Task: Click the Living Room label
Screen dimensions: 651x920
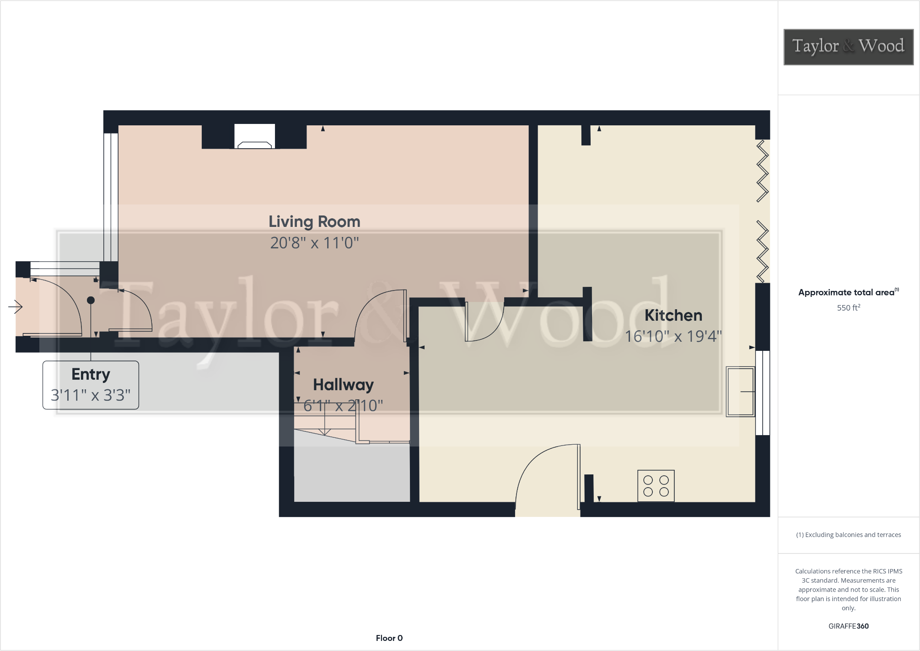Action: [314, 222]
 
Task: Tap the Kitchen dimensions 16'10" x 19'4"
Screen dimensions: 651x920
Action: [673, 337]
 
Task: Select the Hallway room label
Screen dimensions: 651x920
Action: [343, 385]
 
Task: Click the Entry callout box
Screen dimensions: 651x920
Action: [91, 385]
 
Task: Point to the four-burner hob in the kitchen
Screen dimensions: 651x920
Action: [656, 486]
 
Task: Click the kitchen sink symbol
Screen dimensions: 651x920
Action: [740, 392]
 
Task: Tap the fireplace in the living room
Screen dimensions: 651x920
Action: [254, 137]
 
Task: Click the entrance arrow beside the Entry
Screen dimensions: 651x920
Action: [16, 307]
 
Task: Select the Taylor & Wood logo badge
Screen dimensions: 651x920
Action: [848, 47]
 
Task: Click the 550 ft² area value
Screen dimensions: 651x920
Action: [848, 308]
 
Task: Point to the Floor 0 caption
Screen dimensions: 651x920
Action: [389, 638]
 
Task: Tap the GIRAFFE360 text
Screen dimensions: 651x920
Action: [848, 626]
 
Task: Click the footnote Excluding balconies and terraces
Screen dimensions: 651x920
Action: [848, 535]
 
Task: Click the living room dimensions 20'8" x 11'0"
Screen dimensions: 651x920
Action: [314, 243]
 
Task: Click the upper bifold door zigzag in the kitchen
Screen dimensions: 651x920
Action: [762, 171]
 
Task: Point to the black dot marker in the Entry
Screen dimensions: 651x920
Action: [91, 301]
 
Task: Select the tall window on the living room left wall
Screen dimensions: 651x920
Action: [111, 197]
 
